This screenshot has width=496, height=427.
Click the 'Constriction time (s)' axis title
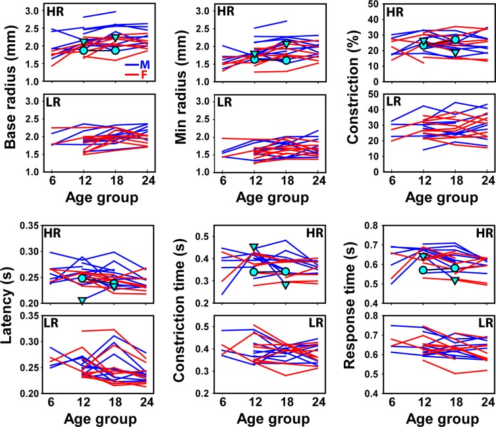pos(179,310)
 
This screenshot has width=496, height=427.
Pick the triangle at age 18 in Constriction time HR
pos(285,285)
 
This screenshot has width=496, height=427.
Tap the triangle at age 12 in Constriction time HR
pos(254,248)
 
